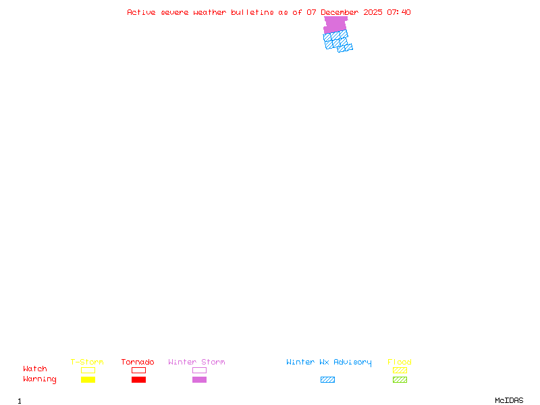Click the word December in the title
(340, 12)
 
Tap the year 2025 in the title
(373, 12)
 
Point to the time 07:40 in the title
(399, 12)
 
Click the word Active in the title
(142, 12)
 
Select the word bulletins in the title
(252, 12)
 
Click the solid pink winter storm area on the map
(335, 25)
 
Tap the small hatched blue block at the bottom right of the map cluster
(345, 47)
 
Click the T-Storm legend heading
(87, 362)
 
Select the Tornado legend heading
(138, 362)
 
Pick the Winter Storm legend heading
(196, 362)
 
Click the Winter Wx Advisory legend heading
(329, 362)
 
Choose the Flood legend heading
(400, 362)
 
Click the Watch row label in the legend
(35, 369)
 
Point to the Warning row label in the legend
(40, 379)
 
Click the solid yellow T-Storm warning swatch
(88, 380)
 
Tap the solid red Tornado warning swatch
(138, 380)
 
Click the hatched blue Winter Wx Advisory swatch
(327, 380)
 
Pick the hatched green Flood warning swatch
(400, 380)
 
